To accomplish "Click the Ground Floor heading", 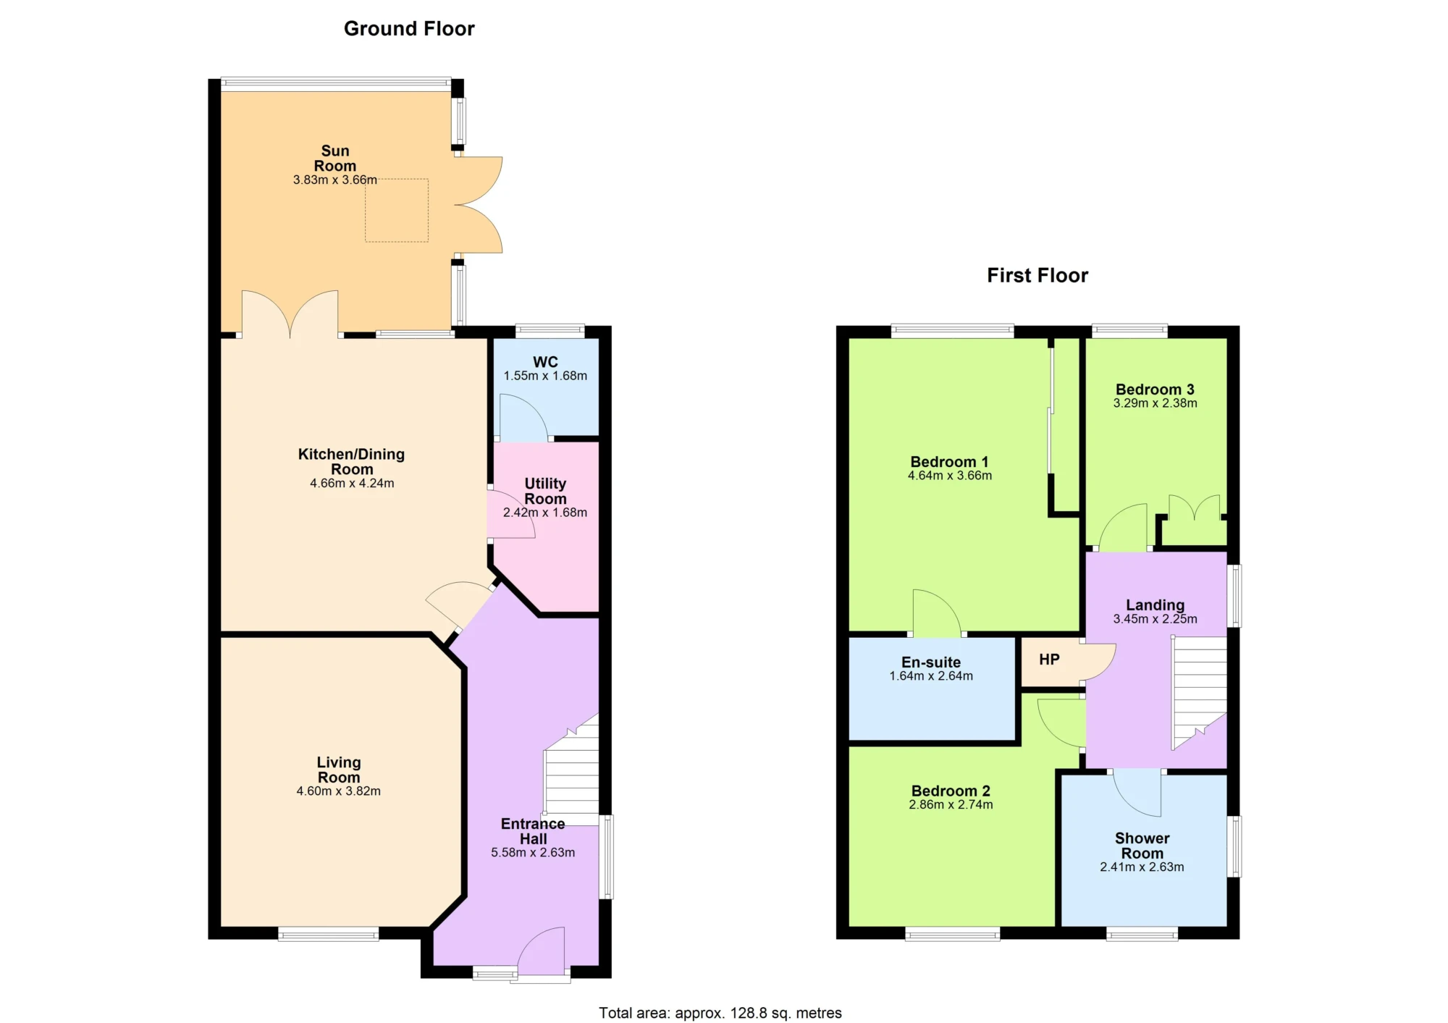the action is (x=409, y=29).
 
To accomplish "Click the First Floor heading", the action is (x=1037, y=276).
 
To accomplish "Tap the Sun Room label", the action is (x=335, y=159).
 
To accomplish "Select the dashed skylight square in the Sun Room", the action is (x=397, y=210).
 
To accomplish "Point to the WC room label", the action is (x=546, y=362).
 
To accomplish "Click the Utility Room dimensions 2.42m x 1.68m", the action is (x=545, y=513).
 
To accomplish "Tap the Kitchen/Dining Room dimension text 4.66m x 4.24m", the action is (x=352, y=484).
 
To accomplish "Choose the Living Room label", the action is (x=339, y=770).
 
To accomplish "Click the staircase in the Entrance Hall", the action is (x=571, y=771).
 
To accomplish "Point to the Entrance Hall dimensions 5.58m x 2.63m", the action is (x=533, y=853).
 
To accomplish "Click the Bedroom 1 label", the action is (x=949, y=462).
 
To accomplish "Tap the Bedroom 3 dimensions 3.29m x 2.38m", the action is (x=1156, y=404).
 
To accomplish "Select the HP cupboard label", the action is (x=1049, y=660).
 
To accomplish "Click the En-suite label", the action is (x=931, y=662).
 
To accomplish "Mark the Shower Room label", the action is (x=1142, y=846).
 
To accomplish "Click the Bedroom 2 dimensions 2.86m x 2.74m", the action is (x=951, y=805).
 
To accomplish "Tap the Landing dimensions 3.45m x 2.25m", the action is (x=1156, y=620).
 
